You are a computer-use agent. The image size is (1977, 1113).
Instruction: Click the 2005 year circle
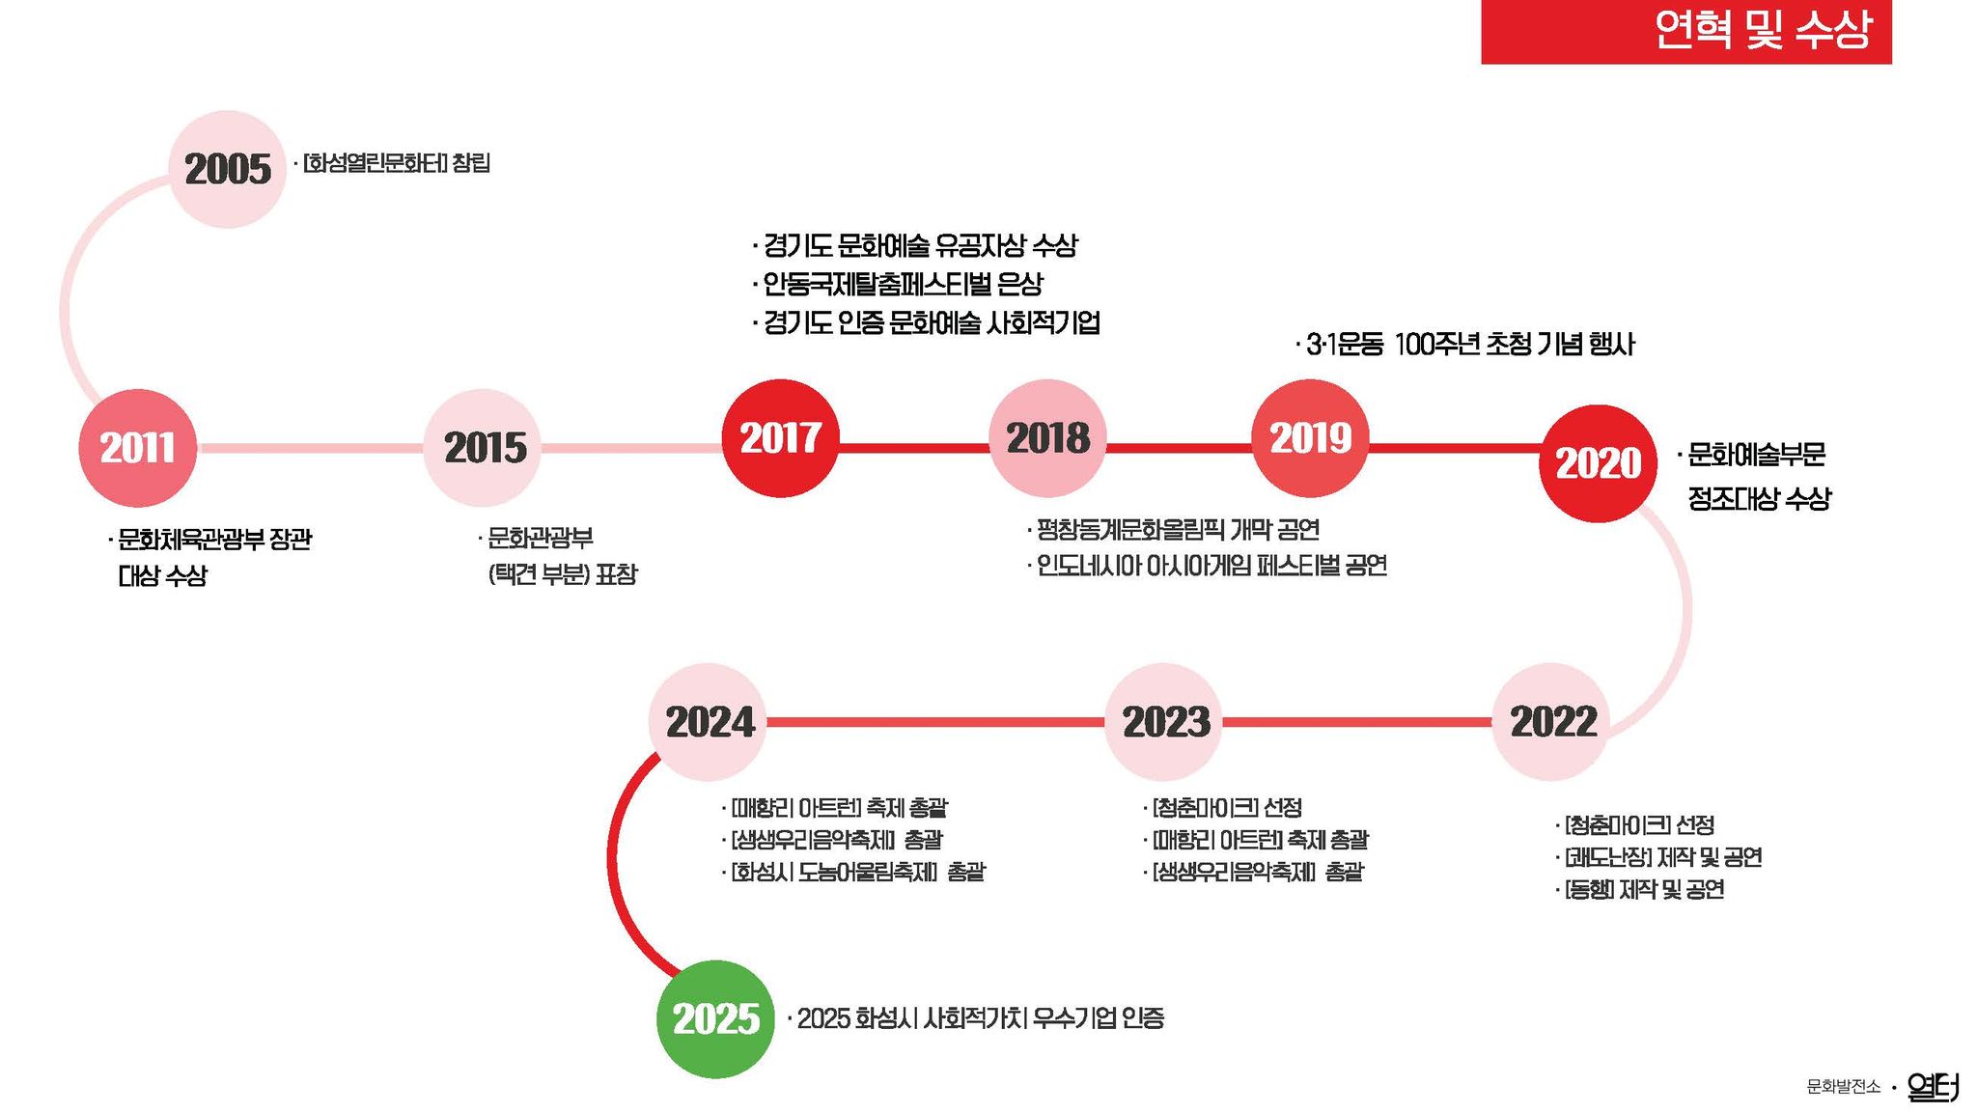coord(228,169)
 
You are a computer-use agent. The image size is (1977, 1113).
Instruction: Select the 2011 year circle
coord(137,448)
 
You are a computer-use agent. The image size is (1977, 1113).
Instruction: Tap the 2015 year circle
coord(482,448)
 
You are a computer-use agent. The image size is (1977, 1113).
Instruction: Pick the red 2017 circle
coord(781,438)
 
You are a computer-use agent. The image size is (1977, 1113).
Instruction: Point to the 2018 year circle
coord(1047,438)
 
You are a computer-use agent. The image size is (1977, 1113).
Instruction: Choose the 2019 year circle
coord(1310,438)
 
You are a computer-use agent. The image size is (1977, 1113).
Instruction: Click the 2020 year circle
coord(1598,463)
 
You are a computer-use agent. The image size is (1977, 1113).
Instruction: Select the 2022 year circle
coord(1551,722)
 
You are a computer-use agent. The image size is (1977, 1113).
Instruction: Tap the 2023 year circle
coord(1164,722)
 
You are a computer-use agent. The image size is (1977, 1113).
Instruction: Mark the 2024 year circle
coord(708,722)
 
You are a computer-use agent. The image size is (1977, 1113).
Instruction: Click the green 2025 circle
coord(715,1019)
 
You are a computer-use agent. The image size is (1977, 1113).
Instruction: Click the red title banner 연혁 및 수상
coord(1686,32)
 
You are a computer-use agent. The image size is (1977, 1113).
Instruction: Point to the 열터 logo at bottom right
coord(1934,1087)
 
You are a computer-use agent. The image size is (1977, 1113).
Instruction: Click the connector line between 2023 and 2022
coord(1357,722)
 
